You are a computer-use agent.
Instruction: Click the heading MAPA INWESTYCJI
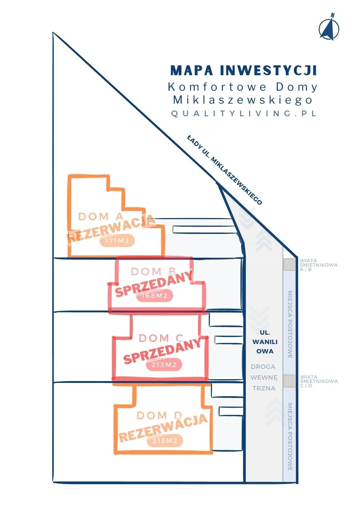tap(243, 70)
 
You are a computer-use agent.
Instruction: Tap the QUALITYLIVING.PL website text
tap(244, 113)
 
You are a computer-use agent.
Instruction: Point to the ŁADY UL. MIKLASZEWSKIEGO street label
tap(225, 170)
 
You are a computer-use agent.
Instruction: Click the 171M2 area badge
tap(117, 241)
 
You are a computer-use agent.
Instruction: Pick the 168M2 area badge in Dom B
tap(154, 296)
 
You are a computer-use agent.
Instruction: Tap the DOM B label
tap(153, 272)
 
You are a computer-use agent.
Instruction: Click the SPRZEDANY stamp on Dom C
tap(162, 351)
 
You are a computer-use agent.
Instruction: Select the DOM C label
tap(161, 338)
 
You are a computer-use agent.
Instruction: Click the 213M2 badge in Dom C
tap(164, 365)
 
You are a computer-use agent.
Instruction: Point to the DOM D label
tap(159, 416)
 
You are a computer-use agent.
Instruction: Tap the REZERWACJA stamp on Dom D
tap(163, 428)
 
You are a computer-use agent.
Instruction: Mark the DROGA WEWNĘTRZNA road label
tap(264, 377)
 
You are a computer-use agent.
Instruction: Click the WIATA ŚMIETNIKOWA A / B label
tap(319, 265)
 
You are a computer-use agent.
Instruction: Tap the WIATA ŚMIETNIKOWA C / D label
tap(319, 381)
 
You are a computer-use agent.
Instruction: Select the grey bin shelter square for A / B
tap(288, 264)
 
